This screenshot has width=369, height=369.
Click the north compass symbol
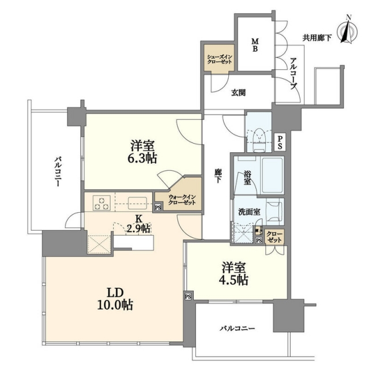(348, 30)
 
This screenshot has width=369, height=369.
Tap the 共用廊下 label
(317, 37)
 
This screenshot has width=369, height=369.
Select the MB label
(255, 45)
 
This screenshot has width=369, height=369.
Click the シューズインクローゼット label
(219, 59)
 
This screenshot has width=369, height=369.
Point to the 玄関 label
(238, 93)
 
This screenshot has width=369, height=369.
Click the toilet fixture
(259, 140)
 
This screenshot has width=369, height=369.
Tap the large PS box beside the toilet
(280, 142)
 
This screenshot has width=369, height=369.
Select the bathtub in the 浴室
(273, 175)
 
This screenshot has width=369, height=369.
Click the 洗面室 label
(249, 212)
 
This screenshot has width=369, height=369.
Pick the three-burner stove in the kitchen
(101, 203)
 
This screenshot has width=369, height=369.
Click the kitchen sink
(137, 204)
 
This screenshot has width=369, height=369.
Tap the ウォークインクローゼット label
(182, 200)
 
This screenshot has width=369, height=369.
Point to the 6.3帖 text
(142, 158)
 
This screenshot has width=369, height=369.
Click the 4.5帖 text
(234, 280)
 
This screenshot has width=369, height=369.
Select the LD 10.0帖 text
(115, 299)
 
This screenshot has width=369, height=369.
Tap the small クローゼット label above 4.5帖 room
(274, 237)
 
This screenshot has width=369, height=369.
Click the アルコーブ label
(293, 73)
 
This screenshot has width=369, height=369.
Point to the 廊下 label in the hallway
(218, 176)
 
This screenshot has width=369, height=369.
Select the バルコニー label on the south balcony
(238, 328)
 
